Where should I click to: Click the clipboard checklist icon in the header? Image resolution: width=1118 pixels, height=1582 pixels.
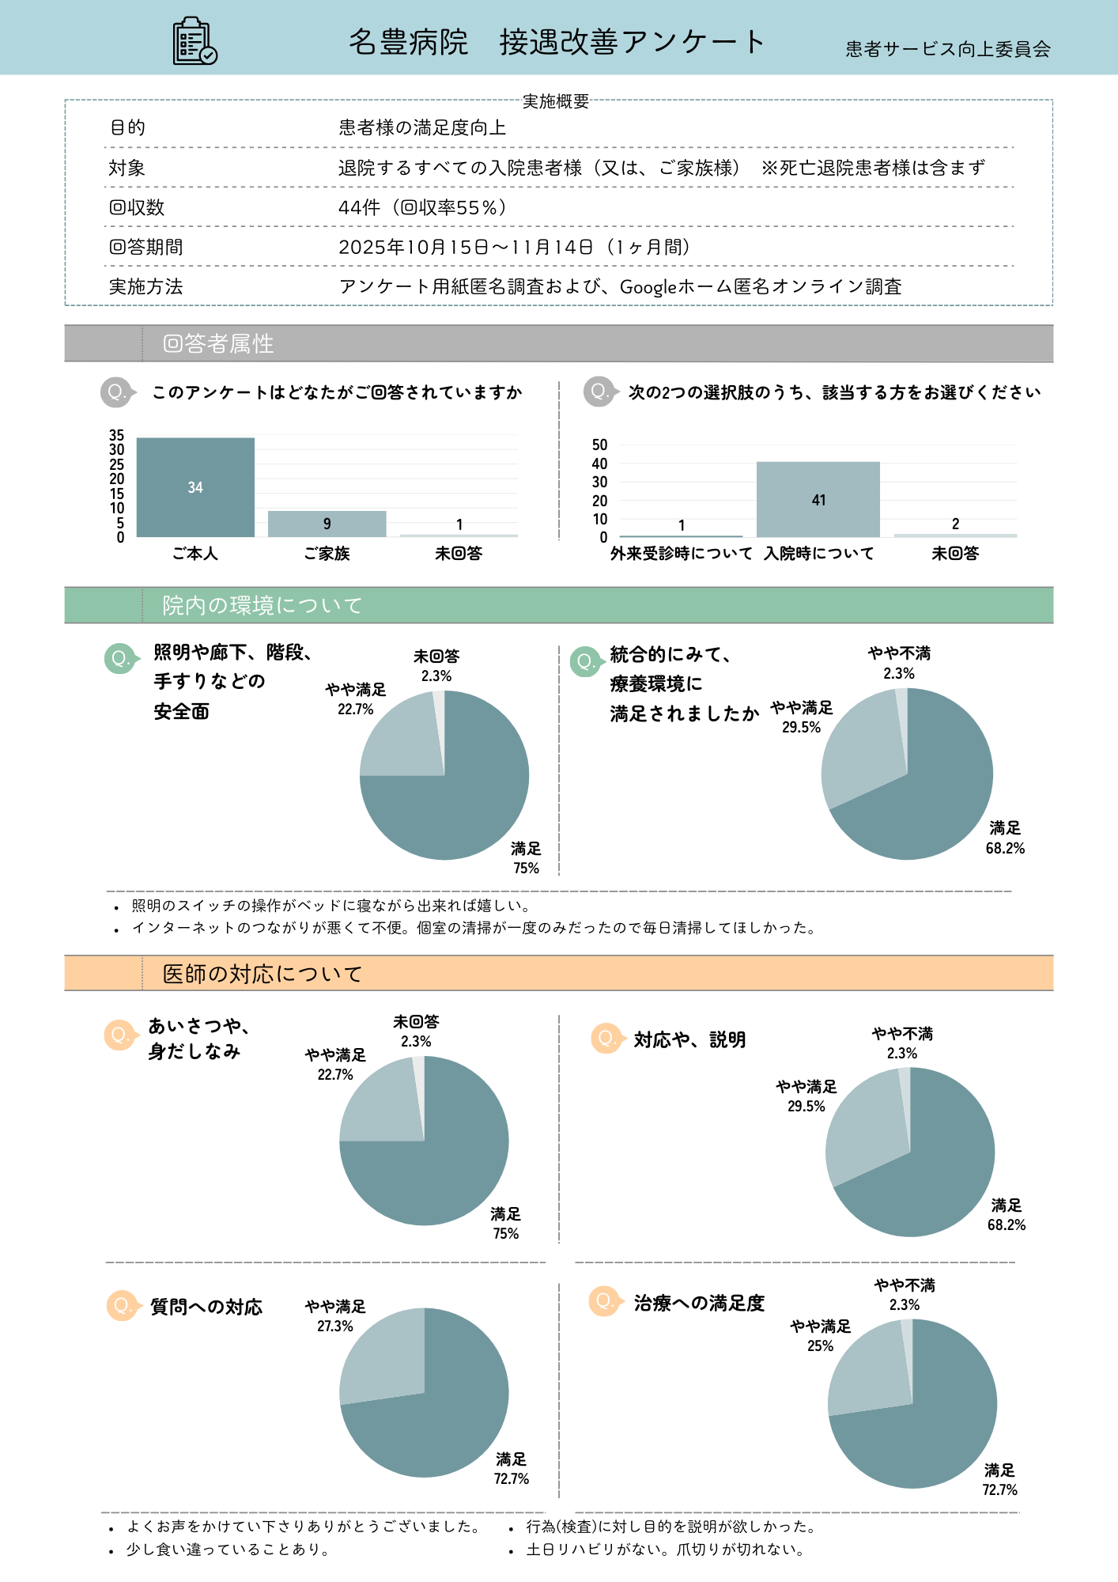[x=195, y=41]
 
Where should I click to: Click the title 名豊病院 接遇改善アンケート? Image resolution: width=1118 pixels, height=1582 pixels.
[x=557, y=42]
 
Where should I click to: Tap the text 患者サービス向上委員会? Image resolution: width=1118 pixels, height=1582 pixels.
[x=947, y=49]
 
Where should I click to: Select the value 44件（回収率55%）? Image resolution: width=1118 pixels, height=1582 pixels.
[x=422, y=207]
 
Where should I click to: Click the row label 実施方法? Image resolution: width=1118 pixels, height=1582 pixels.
[x=145, y=286]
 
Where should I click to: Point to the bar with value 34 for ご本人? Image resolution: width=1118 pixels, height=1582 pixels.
[x=195, y=487]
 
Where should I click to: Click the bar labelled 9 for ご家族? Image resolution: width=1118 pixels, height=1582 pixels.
[x=327, y=524]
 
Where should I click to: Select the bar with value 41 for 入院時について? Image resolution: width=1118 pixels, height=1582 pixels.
[x=818, y=499]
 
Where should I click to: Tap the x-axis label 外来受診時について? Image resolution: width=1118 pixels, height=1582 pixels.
[x=681, y=554]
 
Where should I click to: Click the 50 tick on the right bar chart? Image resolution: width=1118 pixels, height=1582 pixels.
[x=599, y=445]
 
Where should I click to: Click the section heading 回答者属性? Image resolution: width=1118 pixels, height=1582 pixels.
[x=218, y=343]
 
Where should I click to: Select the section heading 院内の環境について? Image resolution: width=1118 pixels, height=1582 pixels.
[x=262, y=605]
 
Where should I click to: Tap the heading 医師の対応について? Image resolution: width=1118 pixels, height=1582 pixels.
[x=262, y=974]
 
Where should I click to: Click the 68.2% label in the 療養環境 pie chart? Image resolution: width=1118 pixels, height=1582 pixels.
[x=1005, y=848]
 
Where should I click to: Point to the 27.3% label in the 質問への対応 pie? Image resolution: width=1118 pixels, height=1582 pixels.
[x=335, y=1327]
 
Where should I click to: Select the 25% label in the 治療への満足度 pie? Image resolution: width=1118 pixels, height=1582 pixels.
[x=820, y=1346]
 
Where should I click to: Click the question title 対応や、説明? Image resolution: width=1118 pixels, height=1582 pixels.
[x=689, y=1039]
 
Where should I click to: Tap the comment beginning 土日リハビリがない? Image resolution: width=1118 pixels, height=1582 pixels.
[x=665, y=1550]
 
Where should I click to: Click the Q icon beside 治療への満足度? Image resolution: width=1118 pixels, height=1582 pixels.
[x=604, y=1301]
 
